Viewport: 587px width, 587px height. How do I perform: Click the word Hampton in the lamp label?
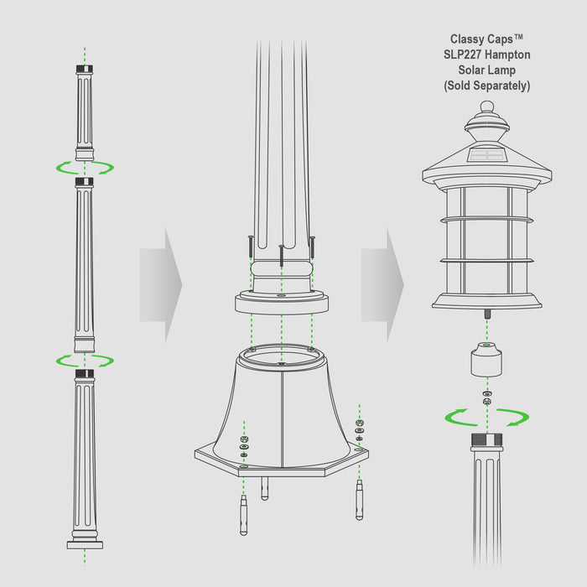click(x=506, y=55)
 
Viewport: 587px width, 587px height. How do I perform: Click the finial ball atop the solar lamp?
click(x=487, y=107)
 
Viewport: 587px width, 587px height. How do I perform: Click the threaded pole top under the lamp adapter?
click(x=487, y=443)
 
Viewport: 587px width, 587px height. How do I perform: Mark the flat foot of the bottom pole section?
click(x=85, y=544)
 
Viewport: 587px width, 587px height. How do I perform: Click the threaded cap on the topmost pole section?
click(x=84, y=70)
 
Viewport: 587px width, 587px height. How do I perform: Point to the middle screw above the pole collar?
click(x=281, y=252)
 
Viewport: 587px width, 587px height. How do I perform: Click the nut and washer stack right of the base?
click(x=360, y=426)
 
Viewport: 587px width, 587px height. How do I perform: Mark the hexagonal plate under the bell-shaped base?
click(x=281, y=461)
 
